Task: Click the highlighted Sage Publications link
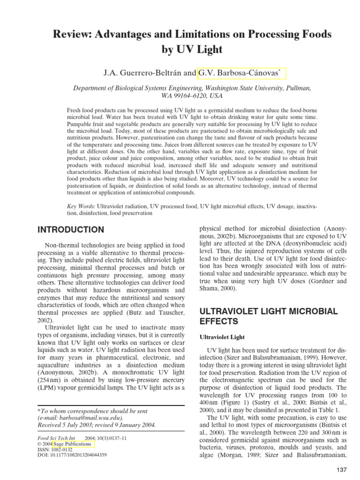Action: tap(74, 442)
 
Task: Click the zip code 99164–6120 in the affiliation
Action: tap(188, 95)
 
